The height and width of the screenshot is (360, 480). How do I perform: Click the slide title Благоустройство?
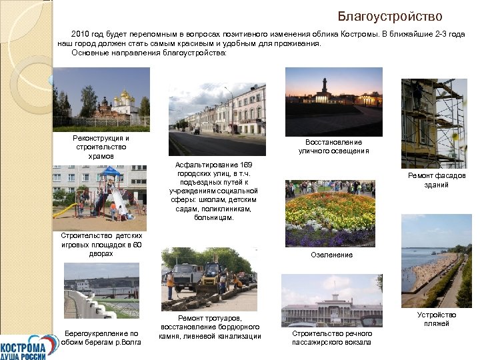[389, 16]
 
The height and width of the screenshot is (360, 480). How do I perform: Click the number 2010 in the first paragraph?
[81, 33]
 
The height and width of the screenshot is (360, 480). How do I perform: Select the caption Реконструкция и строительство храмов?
[101, 147]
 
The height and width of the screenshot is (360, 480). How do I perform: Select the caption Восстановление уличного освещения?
[333, 147]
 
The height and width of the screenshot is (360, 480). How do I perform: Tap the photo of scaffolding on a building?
[433, 123]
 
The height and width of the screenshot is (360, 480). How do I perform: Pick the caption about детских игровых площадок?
[101, 245]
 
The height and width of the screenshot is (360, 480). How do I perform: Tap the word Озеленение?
[331, 255]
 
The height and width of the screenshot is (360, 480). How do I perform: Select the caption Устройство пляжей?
[437, 319]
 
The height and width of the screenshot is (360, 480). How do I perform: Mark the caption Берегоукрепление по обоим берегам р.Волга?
[101, 338]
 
